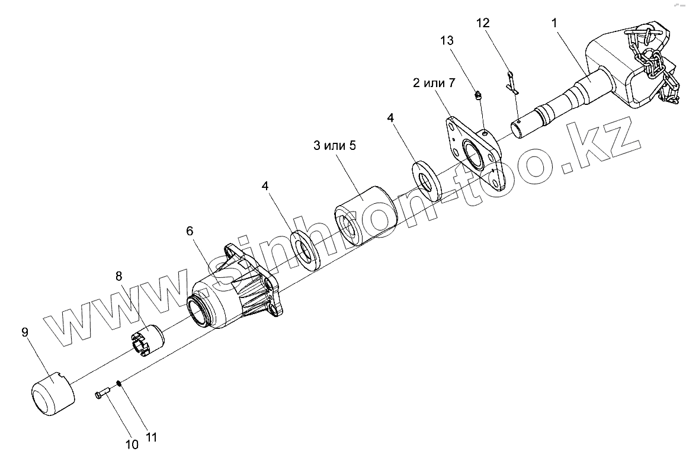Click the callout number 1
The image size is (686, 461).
(554, 24)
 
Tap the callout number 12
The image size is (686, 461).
(483, 23)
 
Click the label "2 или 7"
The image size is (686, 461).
(434, 83)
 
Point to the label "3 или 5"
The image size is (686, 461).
(335, 146)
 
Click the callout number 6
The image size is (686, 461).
(190, 231)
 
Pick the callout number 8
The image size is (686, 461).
(118, 276)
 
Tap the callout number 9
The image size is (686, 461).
(25, 332)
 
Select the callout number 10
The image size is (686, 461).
(132, 444)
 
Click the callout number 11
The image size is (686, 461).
(151, 438)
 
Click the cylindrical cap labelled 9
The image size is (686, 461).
(52, 392)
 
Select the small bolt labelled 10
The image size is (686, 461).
(102, 393)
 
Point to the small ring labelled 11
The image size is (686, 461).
(119, 383)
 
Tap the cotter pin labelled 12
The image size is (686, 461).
(512, 82)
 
